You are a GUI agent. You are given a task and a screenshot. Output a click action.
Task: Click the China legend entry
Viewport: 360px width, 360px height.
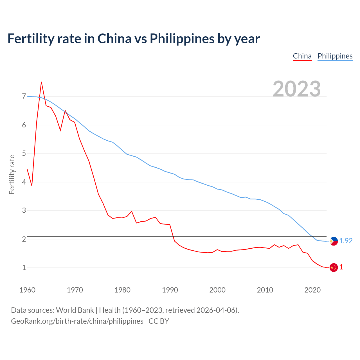(302, 56)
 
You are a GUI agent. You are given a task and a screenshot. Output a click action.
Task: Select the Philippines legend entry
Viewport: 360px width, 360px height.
(335, 56)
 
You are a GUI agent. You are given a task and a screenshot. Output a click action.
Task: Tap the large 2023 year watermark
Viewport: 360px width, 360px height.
(297, 89)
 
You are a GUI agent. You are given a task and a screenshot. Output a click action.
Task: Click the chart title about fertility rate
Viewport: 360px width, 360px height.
(134, 39)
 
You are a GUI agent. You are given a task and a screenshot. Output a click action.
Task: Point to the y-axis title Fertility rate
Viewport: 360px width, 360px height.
(12, 174)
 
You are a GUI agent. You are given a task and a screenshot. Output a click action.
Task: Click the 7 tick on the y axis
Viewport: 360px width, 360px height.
(24, 96)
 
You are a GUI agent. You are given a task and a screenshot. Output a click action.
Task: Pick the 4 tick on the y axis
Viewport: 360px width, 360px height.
(24, 182)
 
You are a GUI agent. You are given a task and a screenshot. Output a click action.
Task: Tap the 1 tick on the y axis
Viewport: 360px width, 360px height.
(24, 267)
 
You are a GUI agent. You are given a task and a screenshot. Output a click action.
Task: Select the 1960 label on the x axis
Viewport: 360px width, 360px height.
(27, 290)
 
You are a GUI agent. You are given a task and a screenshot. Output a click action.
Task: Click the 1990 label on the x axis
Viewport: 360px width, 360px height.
(170, 290)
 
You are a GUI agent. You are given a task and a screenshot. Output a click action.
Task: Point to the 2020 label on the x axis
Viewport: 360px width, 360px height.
(312, 290)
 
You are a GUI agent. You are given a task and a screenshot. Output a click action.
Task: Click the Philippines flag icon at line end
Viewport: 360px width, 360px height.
(334, 241)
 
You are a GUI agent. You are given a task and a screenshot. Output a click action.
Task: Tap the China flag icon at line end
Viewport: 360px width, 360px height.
(334, 267)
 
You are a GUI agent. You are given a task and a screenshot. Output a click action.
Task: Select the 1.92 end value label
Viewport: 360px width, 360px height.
(346, 241)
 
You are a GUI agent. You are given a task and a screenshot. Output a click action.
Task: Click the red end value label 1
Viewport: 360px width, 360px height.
(341, 267)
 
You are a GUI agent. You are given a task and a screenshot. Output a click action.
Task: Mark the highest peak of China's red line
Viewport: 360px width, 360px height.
(41, 82)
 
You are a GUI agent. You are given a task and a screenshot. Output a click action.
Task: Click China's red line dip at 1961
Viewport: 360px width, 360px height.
(32, 186)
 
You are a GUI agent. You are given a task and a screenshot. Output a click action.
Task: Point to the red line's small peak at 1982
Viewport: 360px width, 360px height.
(132, 211)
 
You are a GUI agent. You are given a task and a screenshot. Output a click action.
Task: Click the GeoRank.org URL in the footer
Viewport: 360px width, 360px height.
(77, 321)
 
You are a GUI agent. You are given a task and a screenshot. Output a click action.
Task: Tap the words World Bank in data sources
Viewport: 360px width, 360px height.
(75, 310)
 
